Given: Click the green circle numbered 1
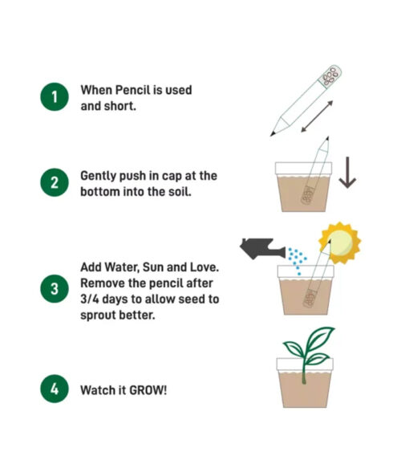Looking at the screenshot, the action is pos(55,97).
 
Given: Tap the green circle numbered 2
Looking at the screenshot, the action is pos(55,182).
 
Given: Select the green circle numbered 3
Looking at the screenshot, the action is pos(55,289).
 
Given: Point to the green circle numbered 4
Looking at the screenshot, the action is pos(55,389).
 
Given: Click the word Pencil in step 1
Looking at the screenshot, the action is pos(133,90).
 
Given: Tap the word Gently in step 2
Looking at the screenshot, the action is pos(98,177).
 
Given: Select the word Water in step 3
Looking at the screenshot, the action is pos(121,267).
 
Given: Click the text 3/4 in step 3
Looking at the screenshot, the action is pos(90,299).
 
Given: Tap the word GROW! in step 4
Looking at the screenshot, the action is pos(148,390).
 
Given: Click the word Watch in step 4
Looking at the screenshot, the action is pos(97,390).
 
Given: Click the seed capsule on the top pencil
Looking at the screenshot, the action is pos(330,76).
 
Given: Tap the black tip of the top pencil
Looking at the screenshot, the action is pos(273,133).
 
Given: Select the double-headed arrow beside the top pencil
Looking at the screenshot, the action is pos(317,116).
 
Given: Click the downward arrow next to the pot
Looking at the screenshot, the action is pos(348,173).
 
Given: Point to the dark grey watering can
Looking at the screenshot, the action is pos(262,249).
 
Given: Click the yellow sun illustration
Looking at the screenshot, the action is pos(340,243).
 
